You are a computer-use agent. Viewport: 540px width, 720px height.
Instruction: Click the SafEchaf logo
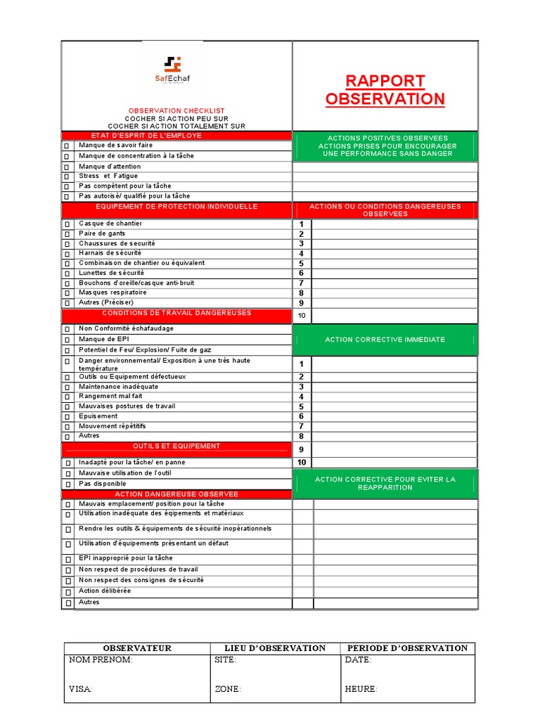[172, 70]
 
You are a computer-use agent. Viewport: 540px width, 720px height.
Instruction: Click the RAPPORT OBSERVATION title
[385, 90]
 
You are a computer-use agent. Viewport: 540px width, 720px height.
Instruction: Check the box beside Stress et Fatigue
[67, 176]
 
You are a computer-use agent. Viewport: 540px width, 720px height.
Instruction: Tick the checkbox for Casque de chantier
[67, 224]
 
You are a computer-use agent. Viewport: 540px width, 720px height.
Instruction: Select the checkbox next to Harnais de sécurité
[67, 254]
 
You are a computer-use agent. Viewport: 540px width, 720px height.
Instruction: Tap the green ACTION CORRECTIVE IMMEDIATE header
[385, 340]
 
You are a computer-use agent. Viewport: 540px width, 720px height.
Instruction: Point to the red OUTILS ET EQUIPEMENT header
[176, 446]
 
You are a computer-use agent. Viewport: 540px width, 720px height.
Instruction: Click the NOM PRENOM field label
[101, 660]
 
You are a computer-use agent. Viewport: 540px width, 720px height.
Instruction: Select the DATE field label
[358, 660]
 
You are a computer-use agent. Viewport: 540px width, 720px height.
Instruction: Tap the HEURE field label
[361, 690]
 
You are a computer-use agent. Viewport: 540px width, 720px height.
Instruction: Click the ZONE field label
[227, 690]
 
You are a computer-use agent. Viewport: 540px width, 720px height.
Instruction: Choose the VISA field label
[80, 690]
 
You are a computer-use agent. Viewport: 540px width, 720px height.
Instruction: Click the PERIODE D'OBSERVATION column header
[408, 648]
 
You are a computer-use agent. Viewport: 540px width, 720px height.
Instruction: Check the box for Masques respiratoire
[67, 293]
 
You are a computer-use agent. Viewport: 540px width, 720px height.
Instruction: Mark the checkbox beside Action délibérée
[68, 592]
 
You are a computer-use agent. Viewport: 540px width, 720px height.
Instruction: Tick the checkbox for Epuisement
[67, 417]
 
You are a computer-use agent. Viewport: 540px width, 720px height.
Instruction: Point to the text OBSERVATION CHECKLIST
[176, 111]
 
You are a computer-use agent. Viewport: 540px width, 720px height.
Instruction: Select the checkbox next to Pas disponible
[67, 484]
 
